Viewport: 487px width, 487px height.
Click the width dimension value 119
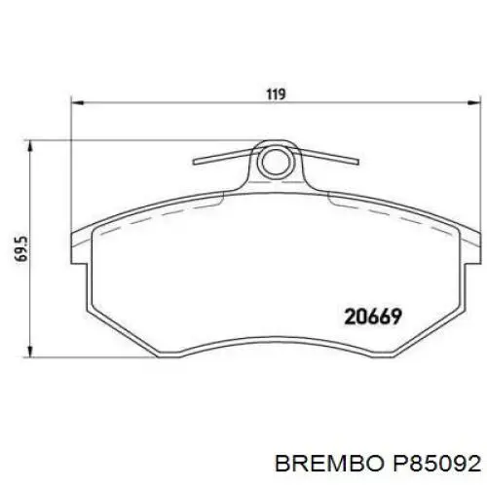click(276, 94)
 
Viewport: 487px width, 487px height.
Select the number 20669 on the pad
click(374, 316)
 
